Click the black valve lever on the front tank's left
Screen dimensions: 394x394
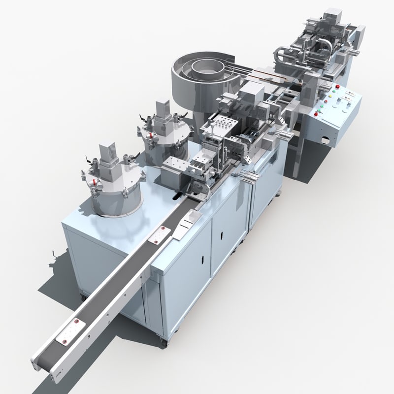(88, 161)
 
